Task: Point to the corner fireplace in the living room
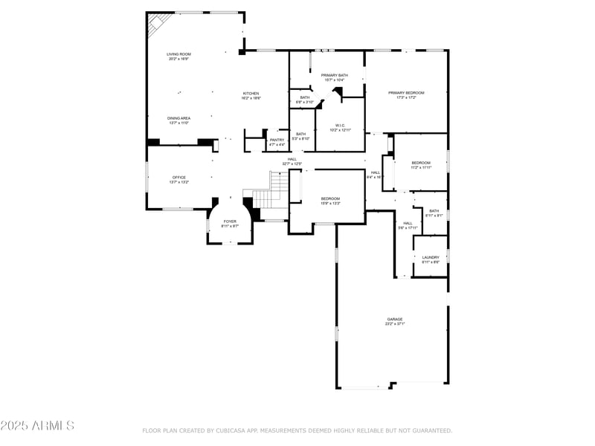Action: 157,25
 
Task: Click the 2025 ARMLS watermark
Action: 37,426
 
